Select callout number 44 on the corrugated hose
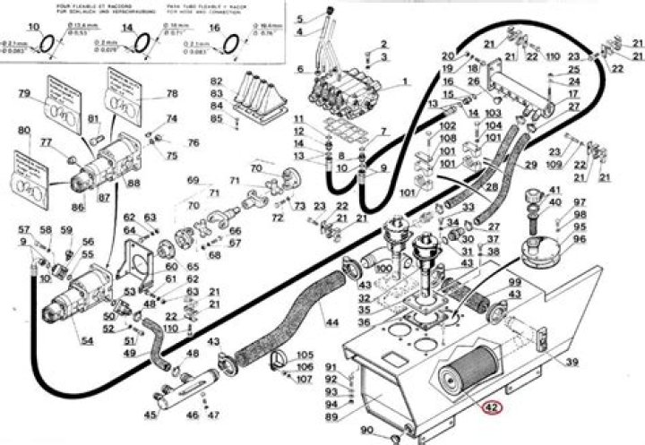click(332, 321)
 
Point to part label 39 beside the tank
click(572, 362)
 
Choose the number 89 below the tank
click(331, 416)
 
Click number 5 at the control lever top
click(300, 19)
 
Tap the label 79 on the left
click(24, 93)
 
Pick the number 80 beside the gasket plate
click(24, 139)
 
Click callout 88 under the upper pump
click(133, 184)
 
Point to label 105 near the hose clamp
click(305, 355)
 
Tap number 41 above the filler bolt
click(554, 190)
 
